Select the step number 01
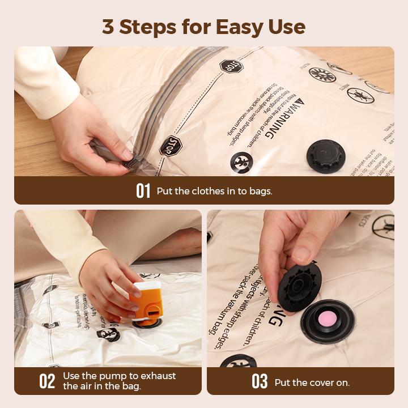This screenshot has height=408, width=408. tap(143, 191)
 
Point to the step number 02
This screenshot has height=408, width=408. tap(47, 381)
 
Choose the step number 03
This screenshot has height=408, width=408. tap(260, 382)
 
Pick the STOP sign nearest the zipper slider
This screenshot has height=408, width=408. tap(171, 146)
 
